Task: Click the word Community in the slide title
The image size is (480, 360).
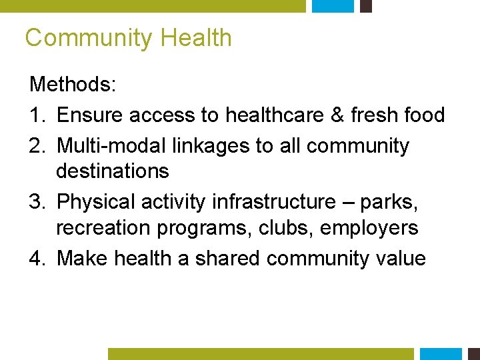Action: tap(89, 38)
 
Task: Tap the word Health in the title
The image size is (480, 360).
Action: tap(196, 38)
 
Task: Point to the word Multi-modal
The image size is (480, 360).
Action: tap(113, 145)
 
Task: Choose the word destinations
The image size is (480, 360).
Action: tap(113, 171)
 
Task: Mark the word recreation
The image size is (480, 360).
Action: tap(103, 228)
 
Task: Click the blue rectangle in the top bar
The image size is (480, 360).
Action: tap(333, 6)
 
